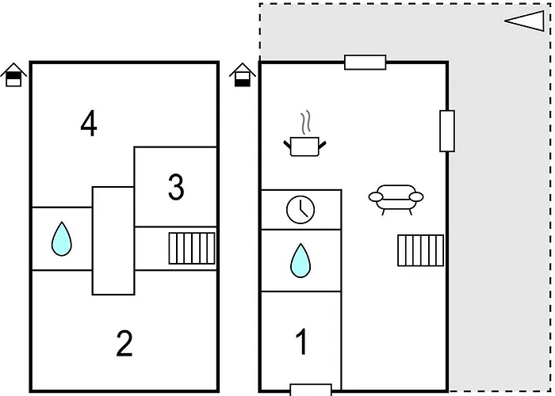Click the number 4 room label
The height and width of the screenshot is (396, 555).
tap(89, 124)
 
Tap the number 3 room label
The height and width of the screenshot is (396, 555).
tap(176, 188)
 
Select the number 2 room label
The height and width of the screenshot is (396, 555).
tap(124, 343)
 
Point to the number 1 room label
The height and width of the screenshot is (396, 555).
tap(301, 341)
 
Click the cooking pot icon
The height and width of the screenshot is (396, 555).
tap(304, 147)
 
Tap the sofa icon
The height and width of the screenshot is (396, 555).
tap(396, 200)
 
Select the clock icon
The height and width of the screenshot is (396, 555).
tap(300, 210)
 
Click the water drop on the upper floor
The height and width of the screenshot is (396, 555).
tap(62, 239)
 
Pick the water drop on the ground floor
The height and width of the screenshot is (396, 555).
tap(300, 261)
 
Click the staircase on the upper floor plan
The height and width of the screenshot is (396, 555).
tap(192, 248)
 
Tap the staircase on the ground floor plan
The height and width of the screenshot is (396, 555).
tap(420, 250)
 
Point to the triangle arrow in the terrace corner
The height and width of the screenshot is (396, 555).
tap(525, 21)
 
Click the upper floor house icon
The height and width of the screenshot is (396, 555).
tap(13, 74)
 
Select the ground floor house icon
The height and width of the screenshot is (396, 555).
tap(243, 74)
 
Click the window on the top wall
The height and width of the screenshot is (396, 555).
tap(366, 63)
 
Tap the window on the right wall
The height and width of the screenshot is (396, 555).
tap(447, 131)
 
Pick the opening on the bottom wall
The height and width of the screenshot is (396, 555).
tap(311, 390)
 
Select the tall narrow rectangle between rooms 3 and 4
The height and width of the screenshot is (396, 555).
tap(113, 241)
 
